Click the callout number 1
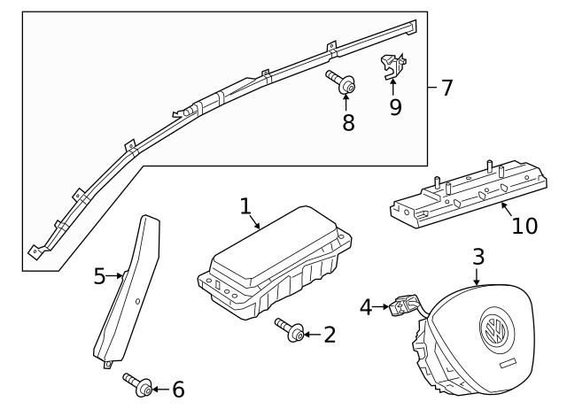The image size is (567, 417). (x=245, y=206)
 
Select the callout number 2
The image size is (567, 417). (x=330, y=335)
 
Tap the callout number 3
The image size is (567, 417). (x=478, y=258)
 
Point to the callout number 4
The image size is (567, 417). (x=366, y=307)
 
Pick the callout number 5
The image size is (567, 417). (x=100, y=276)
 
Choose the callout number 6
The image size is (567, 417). (x=177, y=389)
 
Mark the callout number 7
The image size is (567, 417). (x=447, y=88)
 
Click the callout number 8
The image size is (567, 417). (x=348, y=123)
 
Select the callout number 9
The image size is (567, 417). (x=395, y=107)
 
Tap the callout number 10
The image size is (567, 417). (x=524, y=225)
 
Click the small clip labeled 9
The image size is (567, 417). (x=391, y=65)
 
